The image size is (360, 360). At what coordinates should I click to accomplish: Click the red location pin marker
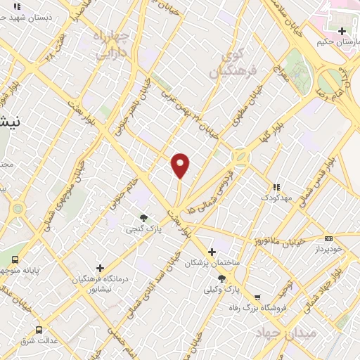click(181, 165)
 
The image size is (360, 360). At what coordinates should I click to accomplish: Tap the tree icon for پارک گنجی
click(143, 218)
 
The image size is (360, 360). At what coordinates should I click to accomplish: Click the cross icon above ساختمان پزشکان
click(212, 252)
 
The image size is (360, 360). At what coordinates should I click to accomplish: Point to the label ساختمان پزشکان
click(207, 263)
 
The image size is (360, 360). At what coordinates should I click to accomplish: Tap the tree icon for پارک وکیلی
click(221, 278)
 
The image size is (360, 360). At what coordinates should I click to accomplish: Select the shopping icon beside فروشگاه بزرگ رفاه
click(258, 297)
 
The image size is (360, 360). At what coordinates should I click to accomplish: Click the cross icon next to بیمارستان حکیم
click(342, 31)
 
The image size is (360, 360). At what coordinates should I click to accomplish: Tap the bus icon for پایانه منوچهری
click(15, 259)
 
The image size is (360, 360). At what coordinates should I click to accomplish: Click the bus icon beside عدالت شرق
click(38, 329)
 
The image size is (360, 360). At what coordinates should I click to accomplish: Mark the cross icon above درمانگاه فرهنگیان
click(101, 268)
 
